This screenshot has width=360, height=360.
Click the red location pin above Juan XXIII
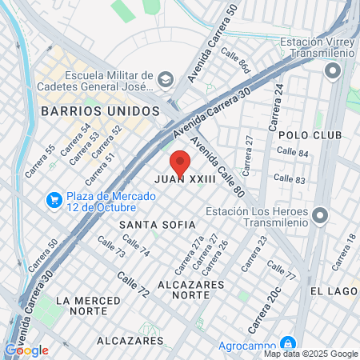(x=180, y=162)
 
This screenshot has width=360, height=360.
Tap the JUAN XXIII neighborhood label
(x=186, y=181)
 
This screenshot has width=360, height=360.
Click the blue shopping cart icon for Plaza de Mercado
(x=54, y=198)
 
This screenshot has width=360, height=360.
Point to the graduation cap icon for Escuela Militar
(x=165, y=78)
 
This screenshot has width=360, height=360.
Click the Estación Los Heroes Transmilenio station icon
(x=320, y=216)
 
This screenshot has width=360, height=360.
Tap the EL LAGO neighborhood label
(x=334, y=291)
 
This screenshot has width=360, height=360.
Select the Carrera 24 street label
(x=278, y=102)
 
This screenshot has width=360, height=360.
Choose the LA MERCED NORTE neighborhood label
(x=82, y=305)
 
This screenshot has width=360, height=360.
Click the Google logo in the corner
(x=26, y=350)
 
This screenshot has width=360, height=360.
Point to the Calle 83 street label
(x=290, y=180)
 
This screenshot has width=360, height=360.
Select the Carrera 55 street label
(x=40, y=161)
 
